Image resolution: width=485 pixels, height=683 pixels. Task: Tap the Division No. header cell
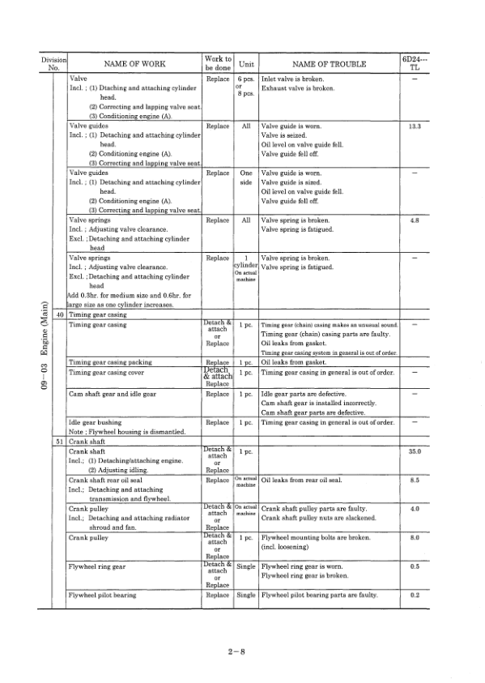pos(55,63)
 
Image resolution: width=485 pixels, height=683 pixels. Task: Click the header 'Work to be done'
pos(219,63)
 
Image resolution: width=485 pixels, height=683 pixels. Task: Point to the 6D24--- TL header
pos(415,63)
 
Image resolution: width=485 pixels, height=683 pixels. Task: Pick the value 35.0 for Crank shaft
pos(415,450)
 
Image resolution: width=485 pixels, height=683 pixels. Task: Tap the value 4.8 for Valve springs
pos(415,220)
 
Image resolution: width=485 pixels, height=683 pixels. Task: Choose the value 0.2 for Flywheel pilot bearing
pos(415,595)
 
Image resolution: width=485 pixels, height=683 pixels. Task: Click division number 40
pos(58,314)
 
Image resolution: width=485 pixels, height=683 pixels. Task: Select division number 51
pos(58,441)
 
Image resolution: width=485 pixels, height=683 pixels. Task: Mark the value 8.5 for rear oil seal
pos(415,480)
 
